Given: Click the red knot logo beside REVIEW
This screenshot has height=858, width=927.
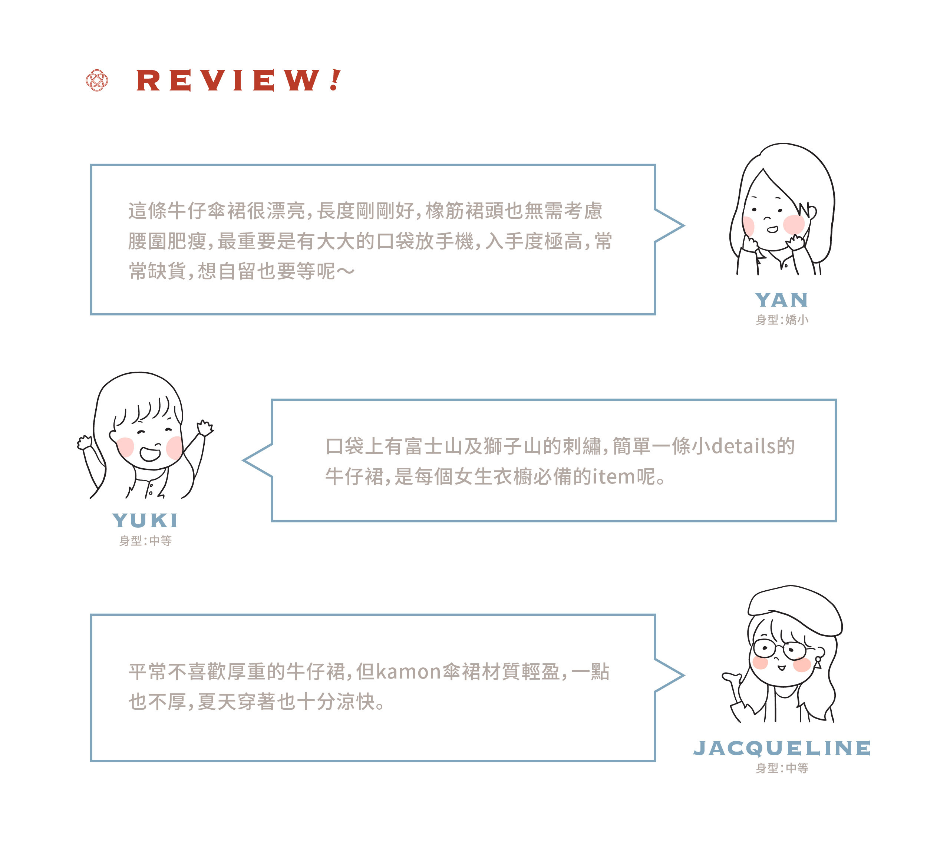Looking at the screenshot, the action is pyautogui.click(x=97, y=80).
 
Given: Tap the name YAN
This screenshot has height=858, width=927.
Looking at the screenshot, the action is pyautogui.click(x=781, y=300).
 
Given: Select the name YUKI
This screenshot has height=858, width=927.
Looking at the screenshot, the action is pyautogui.click(x=145, y=521).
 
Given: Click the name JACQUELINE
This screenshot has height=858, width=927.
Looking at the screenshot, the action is pyautogui.click(x=782, y=748).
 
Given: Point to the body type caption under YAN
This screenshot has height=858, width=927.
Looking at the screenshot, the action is pyautogui.click(x=782, y=320).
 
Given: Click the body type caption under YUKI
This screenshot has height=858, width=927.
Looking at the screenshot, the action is pyautogui.click(x=145, y=541).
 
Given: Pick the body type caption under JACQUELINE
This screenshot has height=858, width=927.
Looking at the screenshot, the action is pyautogui.click(x=782, y=768).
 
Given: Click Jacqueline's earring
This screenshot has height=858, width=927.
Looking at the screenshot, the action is pyautogui.click(x=818, y=662).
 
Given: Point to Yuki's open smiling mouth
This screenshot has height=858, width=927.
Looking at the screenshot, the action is pyautogui.click(x=149, y=453).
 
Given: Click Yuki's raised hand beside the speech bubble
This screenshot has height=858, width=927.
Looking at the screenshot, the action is pyautogui.click(x=204, y=427).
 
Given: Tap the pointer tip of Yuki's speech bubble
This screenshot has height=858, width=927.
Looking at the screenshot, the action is pyautogui.click(x=244, y=460).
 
